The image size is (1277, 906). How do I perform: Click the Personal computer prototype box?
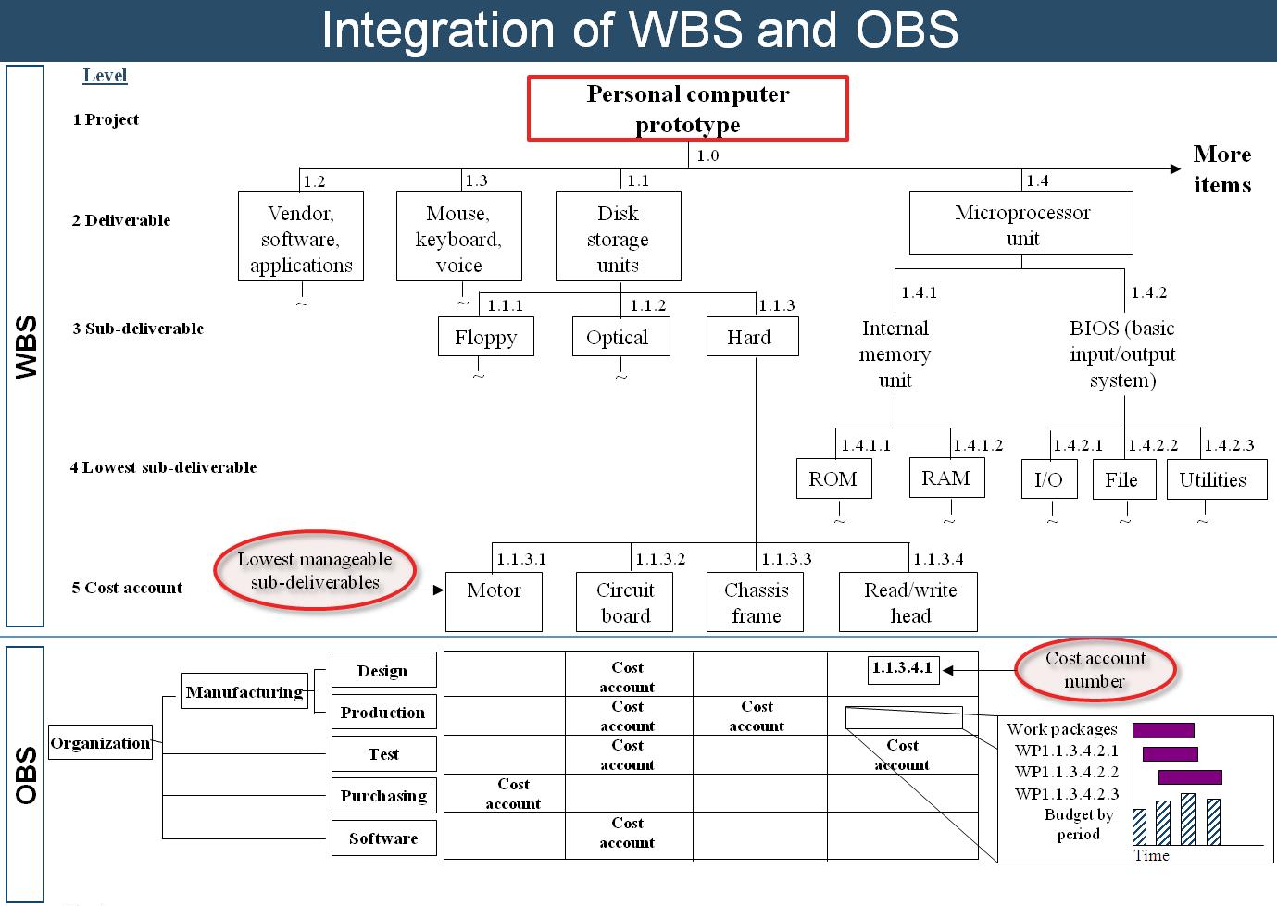point(687,108)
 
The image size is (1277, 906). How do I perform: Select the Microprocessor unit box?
point(1020,223)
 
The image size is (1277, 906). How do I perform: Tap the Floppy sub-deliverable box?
point(485,337)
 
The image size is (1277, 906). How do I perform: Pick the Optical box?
point(618,337)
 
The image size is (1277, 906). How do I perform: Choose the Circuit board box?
point(625,602)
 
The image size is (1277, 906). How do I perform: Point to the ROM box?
point(833,478)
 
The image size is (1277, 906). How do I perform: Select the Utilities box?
point(1215,479)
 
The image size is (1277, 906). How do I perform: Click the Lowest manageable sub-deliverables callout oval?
point(315,571)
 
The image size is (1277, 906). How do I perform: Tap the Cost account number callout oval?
point(1095,669)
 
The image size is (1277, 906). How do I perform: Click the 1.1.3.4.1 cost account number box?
point(903,668)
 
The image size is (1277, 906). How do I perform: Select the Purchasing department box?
point(383,796)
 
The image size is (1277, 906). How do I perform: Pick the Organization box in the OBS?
point(100,743)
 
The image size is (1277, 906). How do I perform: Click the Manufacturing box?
point(244,691)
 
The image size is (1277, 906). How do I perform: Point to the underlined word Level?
point(105,76)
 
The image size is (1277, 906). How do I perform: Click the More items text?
point(1221,169)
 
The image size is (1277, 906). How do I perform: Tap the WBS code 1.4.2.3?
point(1229,445)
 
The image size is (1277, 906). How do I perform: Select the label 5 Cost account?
point(127,588)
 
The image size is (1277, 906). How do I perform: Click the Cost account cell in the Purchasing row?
point(513,794)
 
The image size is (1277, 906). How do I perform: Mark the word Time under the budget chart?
point(1151,855)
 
